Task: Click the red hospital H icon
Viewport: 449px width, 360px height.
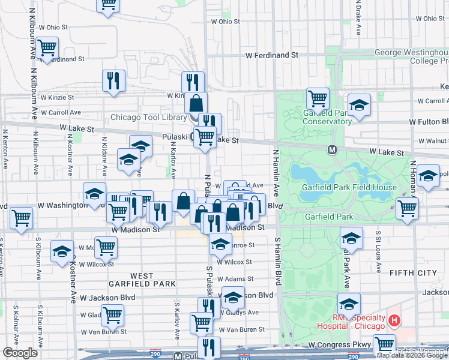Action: tap(394, 320)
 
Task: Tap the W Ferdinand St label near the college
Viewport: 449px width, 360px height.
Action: tap(272, 55)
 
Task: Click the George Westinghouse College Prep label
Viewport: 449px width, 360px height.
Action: tap(411, 56)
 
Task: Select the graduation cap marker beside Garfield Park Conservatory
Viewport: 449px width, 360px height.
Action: tap(359, 104)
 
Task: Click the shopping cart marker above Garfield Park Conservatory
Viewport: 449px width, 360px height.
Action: tap(318, 97)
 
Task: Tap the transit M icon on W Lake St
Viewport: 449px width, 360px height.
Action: tap(331, 149)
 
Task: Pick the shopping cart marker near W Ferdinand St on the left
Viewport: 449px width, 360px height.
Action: tap(46, 47)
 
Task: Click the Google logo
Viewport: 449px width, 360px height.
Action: tap(20, 353)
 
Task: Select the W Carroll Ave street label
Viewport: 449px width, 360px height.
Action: tap(62, 112)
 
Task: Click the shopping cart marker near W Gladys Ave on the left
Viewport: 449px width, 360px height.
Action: tap(112, 314)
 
